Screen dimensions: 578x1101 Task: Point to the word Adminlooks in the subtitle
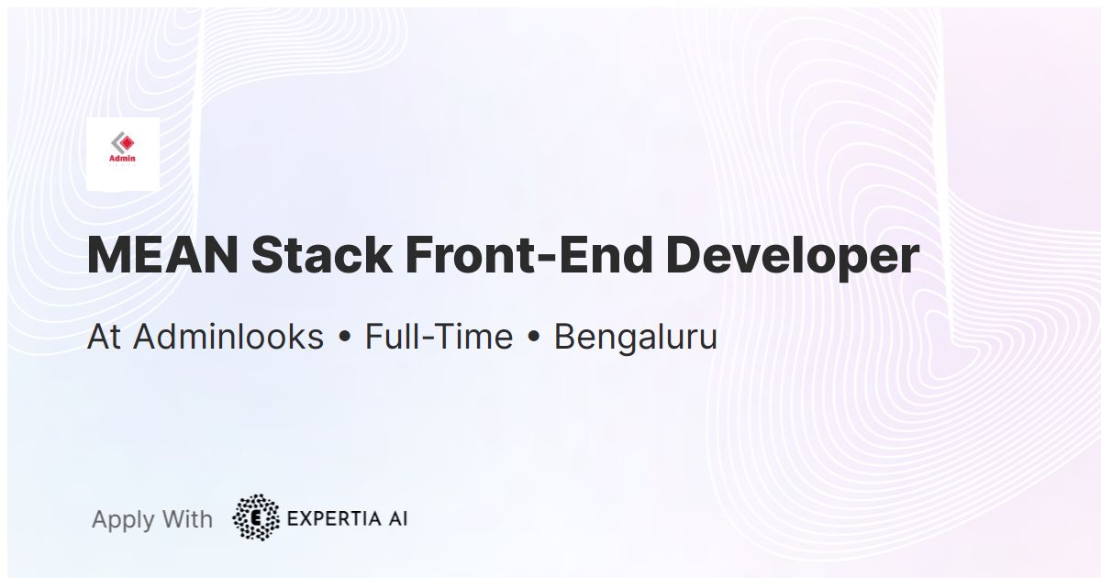pos(228,338)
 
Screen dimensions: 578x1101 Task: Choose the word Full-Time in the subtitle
pos(439,338)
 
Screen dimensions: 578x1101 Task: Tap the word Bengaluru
pos(635,338)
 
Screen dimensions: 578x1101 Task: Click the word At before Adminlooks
pos(105,338)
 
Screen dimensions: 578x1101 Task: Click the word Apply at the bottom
pos(122,520)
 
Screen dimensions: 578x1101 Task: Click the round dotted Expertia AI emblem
pos(256,518)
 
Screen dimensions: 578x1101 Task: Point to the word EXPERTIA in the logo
pos(331,518)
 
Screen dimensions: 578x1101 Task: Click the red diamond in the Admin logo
pos(126,143)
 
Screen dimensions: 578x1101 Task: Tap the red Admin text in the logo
pos(122,158)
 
